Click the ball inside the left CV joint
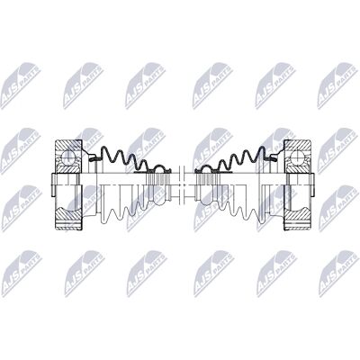[67, 156]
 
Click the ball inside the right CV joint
[298, 156]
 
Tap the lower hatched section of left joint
[68, 220]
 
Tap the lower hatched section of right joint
[297, 220]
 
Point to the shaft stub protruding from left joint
[54, 185]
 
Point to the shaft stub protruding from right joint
[312, 185]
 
